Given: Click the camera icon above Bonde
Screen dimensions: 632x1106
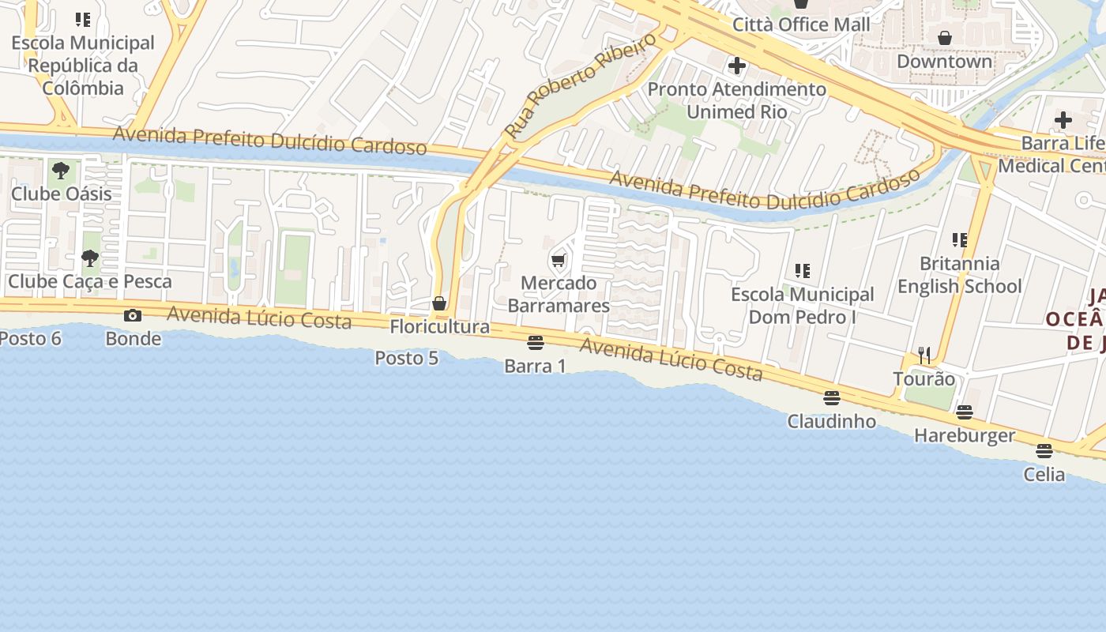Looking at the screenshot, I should pyautogui.click(x=133, y=316).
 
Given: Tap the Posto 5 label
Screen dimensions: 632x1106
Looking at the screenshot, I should pyautogui.click(x=406, y=358).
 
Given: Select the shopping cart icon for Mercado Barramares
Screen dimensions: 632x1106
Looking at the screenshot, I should pyautogui.click(x=559, y=260).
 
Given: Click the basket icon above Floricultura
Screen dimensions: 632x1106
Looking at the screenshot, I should pyautogui.click(x=439, y=303).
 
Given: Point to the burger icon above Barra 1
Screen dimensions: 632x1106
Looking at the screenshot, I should pyautogui.click(x=536, y=342).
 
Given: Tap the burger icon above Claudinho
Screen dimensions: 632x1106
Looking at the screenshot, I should pyautogui.click(x=831, y=397).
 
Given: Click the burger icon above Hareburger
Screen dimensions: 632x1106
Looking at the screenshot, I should pyautogui.click(x=964, y=412).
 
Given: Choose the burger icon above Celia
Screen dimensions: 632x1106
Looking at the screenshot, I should pyautogui.click(x=1044, y=451).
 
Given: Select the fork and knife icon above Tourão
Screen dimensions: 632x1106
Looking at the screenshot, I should pyautogui.click(x=924, y=355).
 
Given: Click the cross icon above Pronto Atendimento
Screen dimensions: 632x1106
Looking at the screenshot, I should pyautogui.click(x=737, y=66).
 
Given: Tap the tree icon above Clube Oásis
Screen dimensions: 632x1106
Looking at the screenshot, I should pyautogui.click(x=61, y=170).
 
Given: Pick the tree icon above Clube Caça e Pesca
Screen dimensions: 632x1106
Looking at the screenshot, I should pyautogui.click(x=90, y=258).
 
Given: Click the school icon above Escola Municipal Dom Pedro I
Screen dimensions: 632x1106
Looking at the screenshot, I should pyautogui.click(x=803, y=271).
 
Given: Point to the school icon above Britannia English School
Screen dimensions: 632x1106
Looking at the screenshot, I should pyautogui.click(x=960, y=239).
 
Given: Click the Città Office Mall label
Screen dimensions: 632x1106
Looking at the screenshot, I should pyautogui.click(x=801, y=24).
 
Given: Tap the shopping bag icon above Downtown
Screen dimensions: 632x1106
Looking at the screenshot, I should pyautogui.click(x=944, y=38).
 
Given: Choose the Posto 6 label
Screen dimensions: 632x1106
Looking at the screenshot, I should pyautogui.click(x=30, y=338).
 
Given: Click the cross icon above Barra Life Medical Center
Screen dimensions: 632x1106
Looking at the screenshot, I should pyautogui.click(x=1063, y=120).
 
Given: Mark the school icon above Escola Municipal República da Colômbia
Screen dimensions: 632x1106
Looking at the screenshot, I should pyautogui.click(x=83, y=20).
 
